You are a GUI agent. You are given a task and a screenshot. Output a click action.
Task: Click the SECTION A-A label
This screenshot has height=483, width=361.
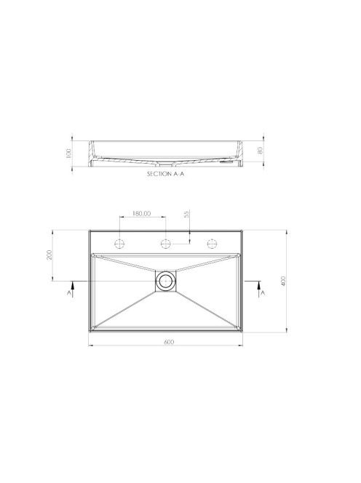click(165, 174)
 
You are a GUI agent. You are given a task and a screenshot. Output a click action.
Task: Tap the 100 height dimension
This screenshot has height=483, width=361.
click(68, 153)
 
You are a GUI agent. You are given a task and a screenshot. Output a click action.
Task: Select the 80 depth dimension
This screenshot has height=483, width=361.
click(260, 151)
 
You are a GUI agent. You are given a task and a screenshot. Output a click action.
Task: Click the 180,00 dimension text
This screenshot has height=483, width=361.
click(141, 213)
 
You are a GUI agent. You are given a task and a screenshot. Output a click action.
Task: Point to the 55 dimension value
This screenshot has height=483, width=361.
click(186, 215)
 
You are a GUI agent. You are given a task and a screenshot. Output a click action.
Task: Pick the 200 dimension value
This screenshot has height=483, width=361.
click(49, 255)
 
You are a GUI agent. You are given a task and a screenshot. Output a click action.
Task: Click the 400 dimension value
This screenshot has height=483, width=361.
click(284, 282)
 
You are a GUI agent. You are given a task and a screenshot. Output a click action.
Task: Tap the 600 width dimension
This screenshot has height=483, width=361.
click(169, 342)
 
